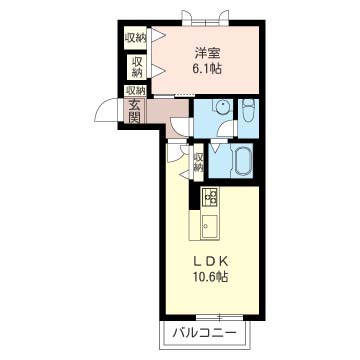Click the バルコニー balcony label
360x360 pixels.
coord(205,333)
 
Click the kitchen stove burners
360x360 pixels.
coord(210,197)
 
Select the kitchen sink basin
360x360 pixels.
coord(209,226)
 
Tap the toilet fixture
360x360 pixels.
coord(248,112)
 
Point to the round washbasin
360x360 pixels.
coord(221,107)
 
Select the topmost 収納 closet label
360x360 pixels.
coord(135,38)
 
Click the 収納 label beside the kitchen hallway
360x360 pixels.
coord(198,162)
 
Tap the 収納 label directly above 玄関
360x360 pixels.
coord(135,90)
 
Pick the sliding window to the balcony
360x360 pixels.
coord(219,317)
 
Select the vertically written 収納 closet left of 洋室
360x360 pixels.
coord(137,67)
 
